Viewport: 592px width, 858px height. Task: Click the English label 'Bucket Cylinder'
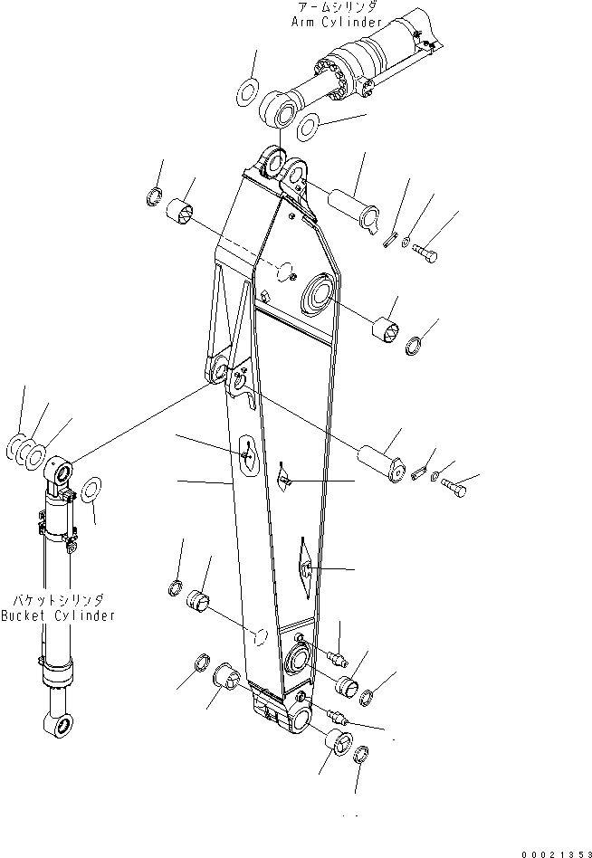click(58, 615)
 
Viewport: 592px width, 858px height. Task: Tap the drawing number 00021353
click(553, 852)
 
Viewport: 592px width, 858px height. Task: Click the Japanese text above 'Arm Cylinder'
click(334, 7)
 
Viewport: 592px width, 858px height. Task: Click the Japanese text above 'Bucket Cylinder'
click(58, 600)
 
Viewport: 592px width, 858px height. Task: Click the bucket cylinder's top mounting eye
click(60, 472)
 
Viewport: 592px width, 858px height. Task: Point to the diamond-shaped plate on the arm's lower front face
click(302, 567)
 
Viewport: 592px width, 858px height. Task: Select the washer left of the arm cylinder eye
click(246, 91)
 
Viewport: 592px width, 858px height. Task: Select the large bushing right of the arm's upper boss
click(387, 330)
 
